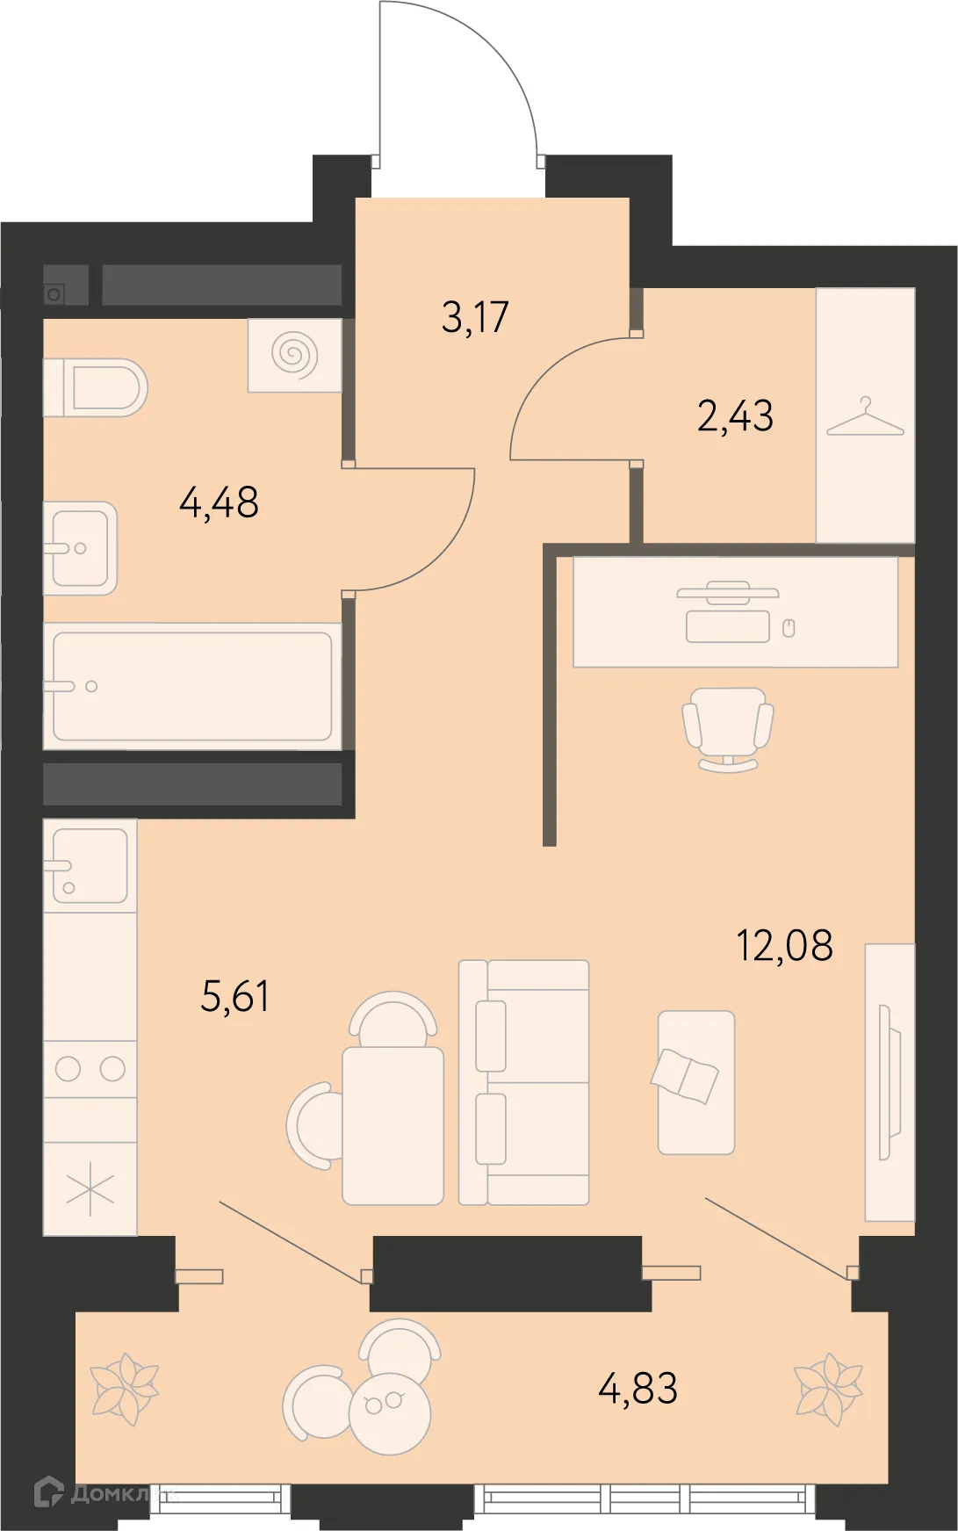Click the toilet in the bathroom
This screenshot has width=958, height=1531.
97,387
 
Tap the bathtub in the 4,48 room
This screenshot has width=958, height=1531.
192,686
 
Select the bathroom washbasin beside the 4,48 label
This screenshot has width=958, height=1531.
80,548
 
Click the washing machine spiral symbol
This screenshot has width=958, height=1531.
294,355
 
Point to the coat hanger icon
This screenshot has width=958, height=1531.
865,418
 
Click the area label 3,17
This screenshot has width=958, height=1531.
475,317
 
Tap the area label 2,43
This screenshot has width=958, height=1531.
735,415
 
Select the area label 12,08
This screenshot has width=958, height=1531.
784,946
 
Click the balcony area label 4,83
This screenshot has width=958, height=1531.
637,1389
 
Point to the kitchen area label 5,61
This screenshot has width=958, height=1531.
234,996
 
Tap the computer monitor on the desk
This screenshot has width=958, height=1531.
727,592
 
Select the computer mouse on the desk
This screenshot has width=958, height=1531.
789,627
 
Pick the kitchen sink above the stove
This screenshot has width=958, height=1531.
89,865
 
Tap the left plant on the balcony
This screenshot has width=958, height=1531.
125,1389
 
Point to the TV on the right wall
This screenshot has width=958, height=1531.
888,1082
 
